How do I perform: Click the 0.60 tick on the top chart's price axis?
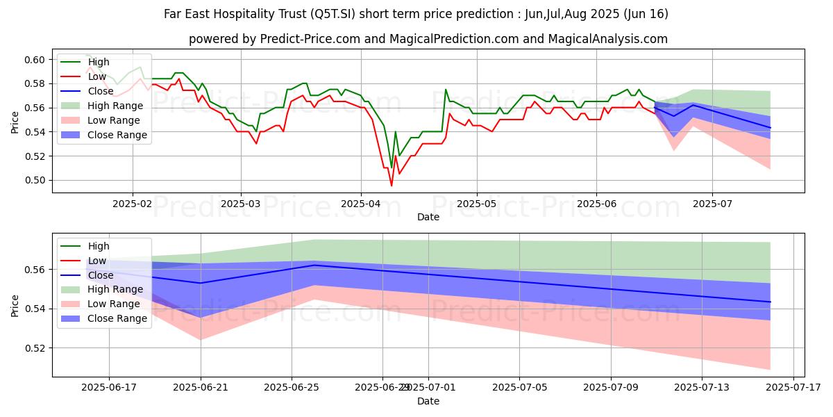coord(36,60)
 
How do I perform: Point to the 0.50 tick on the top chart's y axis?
coord(36,181)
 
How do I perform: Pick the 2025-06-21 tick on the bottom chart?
coord(201,387)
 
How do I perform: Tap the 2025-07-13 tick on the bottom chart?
coord(702,387)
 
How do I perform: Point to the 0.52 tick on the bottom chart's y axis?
coord(36,347)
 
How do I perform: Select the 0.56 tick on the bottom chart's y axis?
coord(36,270)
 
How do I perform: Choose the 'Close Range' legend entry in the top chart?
coord(117,135)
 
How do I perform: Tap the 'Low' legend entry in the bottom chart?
coord(98,261)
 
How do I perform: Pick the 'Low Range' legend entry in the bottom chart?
coord(115,304)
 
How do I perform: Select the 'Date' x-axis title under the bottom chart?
coord(428,401)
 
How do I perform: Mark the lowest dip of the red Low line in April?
coord(392,186)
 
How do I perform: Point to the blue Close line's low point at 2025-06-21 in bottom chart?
coord(201,283)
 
